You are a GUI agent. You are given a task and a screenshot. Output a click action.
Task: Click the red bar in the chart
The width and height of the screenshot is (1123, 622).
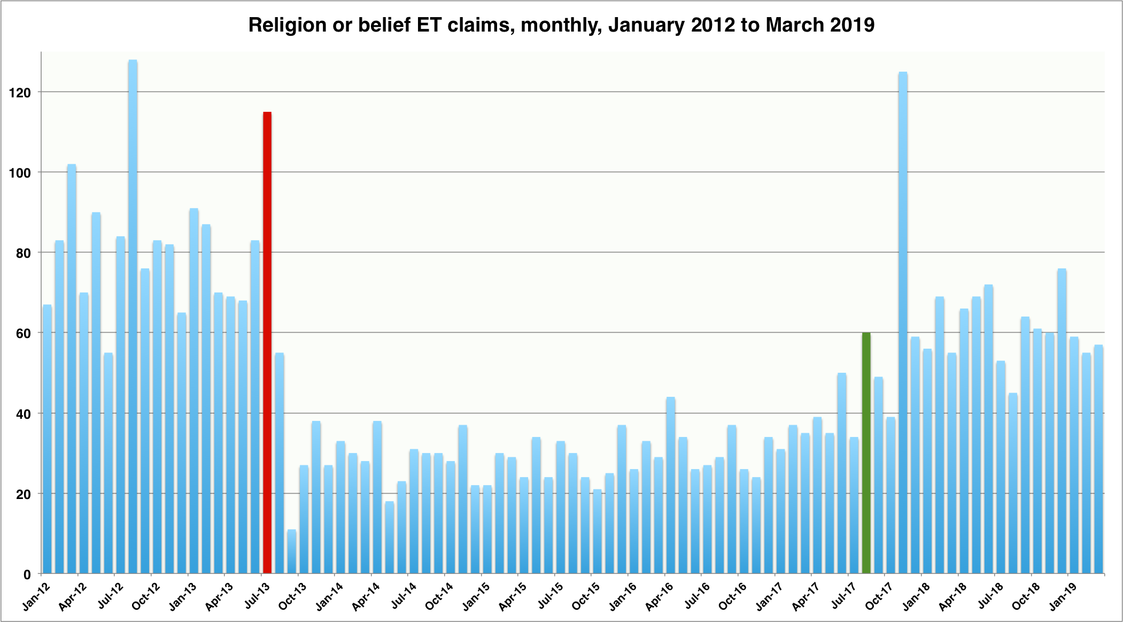coord(267,342)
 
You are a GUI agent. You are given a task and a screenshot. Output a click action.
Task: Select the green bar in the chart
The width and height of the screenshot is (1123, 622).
coord(866,452)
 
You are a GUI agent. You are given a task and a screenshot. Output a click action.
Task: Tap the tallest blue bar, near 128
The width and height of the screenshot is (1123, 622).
coord(133,316)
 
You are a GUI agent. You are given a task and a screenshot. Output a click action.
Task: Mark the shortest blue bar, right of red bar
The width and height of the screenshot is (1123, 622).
coord(291,551)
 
